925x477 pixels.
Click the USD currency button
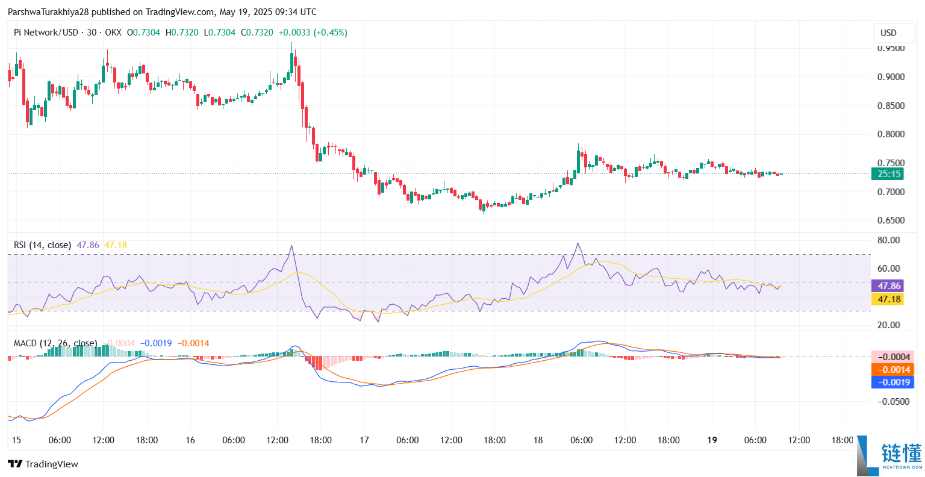(888, 33)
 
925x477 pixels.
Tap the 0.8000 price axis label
(891, 134)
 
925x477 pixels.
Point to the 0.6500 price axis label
(891, 220)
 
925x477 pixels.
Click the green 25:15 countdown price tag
(888, 174)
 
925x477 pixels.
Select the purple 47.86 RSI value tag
(888, 286)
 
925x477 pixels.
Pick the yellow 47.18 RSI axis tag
(888, 299)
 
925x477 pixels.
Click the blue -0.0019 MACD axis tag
(893, 382)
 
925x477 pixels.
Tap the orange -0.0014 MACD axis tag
(893, 370)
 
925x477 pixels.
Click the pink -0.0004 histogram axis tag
(893, 357)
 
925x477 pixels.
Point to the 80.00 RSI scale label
(889, 240)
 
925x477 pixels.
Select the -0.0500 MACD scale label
(892, 402)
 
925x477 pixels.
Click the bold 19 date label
(712, 440)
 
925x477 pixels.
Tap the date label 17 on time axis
(364, 440)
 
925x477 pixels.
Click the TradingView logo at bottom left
(43, 464)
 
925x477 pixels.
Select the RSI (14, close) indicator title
(42, 245)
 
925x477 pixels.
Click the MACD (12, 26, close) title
(55, 343)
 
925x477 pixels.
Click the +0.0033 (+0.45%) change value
(312, 33)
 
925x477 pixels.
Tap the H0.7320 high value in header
(182, 33)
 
